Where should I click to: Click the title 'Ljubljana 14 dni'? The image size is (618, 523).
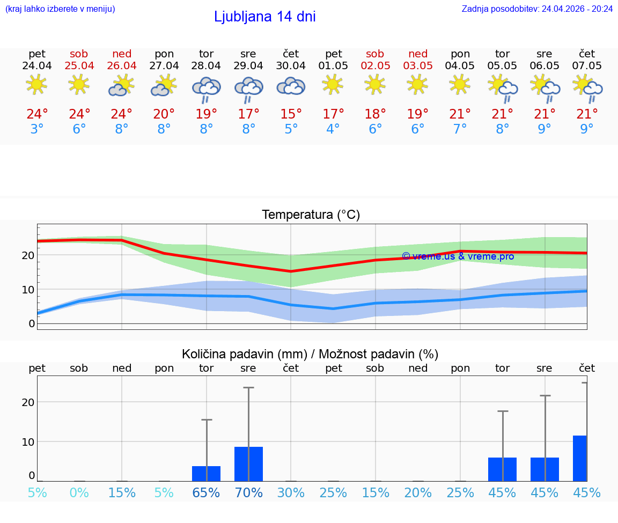tap(264, 17)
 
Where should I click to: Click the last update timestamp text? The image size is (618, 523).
tap(537, 9)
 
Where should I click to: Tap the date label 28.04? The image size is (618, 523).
tap(206, 65)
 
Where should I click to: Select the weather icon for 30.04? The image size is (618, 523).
tap(291, 86)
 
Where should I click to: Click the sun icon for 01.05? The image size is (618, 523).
tap(333, 84)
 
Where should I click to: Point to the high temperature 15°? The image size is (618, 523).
tap(291, 114)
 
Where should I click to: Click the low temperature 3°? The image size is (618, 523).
tap(37, 129)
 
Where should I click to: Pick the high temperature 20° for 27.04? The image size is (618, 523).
tap(164, 114)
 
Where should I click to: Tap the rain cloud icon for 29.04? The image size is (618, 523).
tap(248, 90)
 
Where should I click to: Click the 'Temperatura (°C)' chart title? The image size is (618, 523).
tap(311, 215)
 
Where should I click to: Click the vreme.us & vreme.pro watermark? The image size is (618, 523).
tap(458, 256)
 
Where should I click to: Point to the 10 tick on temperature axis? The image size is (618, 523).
tap(28, 290)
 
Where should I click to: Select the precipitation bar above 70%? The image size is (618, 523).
tap(248, 463)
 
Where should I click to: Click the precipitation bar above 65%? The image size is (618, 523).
tap(206, 473)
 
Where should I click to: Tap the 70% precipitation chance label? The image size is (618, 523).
tap(248, 492)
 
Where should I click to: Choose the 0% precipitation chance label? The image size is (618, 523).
tap(79, 492)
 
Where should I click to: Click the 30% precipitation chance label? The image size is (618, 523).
tap(291, 492)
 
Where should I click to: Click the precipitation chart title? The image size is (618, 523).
tap(310, 354)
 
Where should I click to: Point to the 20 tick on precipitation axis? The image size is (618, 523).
tap(28, 402)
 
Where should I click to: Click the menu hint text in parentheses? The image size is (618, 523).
tap(60, 9)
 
